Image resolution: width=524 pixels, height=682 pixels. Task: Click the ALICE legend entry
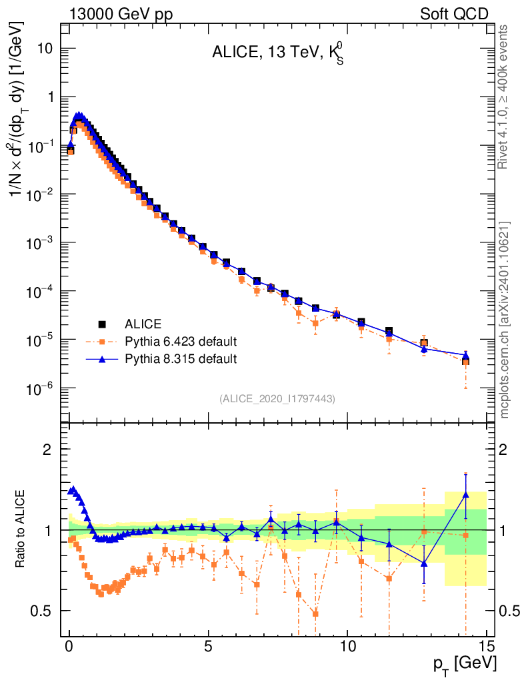[x=143, y=324]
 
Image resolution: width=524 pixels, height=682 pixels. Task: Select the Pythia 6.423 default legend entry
[x=181, y=342]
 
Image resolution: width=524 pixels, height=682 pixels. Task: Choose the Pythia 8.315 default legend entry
[x=181, y=359]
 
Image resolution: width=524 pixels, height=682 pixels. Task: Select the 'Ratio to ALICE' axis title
[x=21, y=529]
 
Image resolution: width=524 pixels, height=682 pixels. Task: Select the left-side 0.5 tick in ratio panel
[x=44, y=611]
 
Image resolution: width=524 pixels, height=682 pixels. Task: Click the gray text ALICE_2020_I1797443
[x=277, y=398]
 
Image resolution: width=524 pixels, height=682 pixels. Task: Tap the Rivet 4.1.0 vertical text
[x=504, y=97]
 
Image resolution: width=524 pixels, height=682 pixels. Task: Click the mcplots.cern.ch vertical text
[x=505, y=320]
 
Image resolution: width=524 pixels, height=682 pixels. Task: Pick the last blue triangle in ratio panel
[x=465, y=495]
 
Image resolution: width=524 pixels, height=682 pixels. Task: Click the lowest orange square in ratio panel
[x=315, y=613]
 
